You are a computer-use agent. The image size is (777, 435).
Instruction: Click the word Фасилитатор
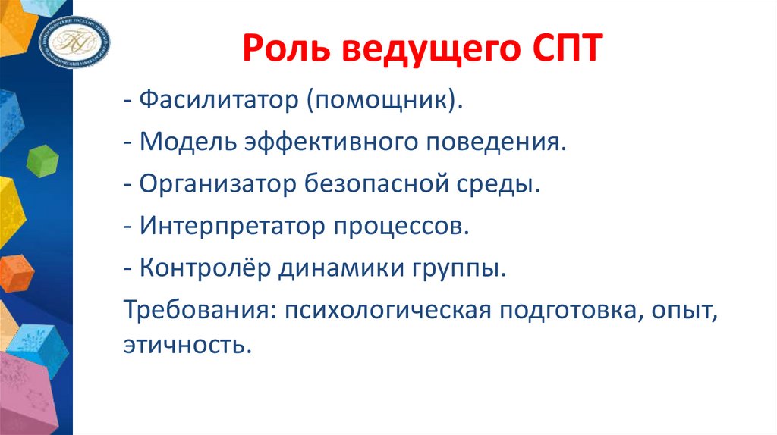[x=219, y=102]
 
